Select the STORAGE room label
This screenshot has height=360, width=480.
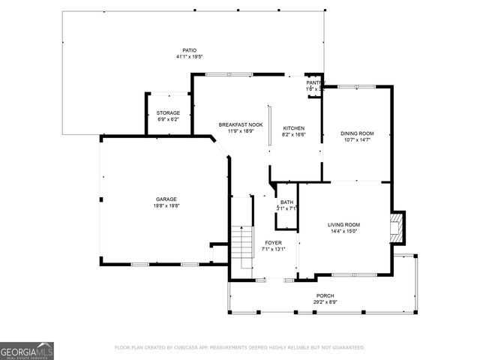click(x=168, y=112)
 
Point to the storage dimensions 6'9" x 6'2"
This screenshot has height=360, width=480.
click(x=168, y=118)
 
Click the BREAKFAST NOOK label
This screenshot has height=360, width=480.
click(x=241, y=124)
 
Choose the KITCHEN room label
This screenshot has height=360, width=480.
click(x=293, y=127)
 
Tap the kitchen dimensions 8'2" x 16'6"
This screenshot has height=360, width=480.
click(x=293, y=133)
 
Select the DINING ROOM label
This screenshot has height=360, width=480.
click(x=358, y=133)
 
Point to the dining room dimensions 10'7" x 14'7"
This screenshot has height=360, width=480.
click(x=358, y=139)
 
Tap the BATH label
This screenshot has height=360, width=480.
click(x=287, y=202)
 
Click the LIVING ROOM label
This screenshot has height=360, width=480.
click(x=344, y=225)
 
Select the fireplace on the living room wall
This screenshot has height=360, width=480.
click(x=398, y=227)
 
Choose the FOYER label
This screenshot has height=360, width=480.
click(x=273, y=242)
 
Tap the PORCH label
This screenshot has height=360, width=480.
click(x=325, y=295)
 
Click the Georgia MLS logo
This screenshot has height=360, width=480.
click(x=27, y=350)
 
